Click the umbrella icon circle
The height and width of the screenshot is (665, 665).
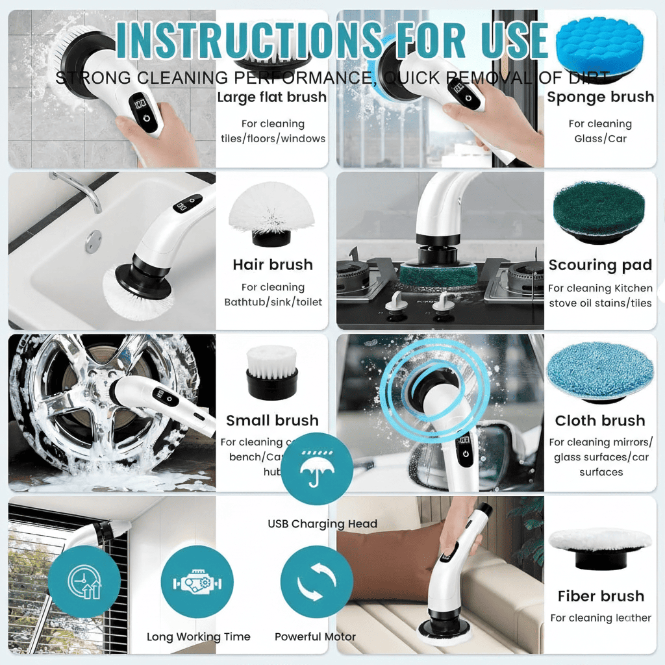(317, 468)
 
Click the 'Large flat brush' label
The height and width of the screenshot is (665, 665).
(271, 97)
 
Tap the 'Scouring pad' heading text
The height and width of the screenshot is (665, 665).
(600, 265)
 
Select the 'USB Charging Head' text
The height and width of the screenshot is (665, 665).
(322, 524)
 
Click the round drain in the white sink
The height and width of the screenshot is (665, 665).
(94, 241)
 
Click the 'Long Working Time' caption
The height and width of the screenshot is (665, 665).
(198, 637)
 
